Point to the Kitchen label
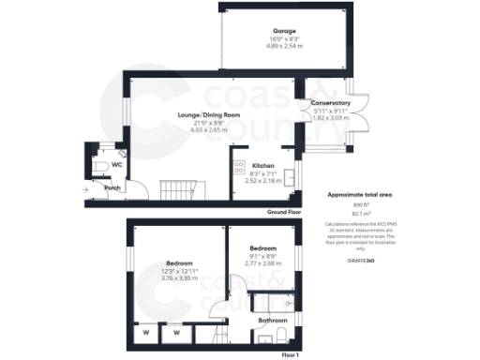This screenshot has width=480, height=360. [262, 163]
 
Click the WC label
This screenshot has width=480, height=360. [117, 164]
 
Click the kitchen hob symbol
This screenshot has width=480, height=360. [231, 169]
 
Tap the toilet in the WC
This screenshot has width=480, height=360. [98, 167]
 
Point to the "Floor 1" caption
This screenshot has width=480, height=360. [290, 355]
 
